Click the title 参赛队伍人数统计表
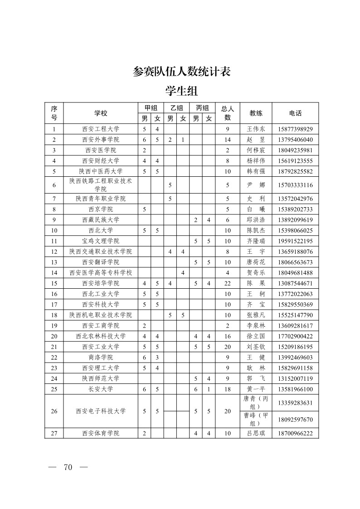(182, 72)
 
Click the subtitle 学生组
(182, 91)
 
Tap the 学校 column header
(101, 113)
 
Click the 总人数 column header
(228, 113)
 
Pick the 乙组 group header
(177, 108)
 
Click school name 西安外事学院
(101, 140)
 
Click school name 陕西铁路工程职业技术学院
(101, 185)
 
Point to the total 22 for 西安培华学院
(228, 283)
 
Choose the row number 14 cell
(54, 272)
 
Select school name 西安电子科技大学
(101, 411)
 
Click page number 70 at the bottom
(68, 468)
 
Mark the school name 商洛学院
(101, 357)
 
